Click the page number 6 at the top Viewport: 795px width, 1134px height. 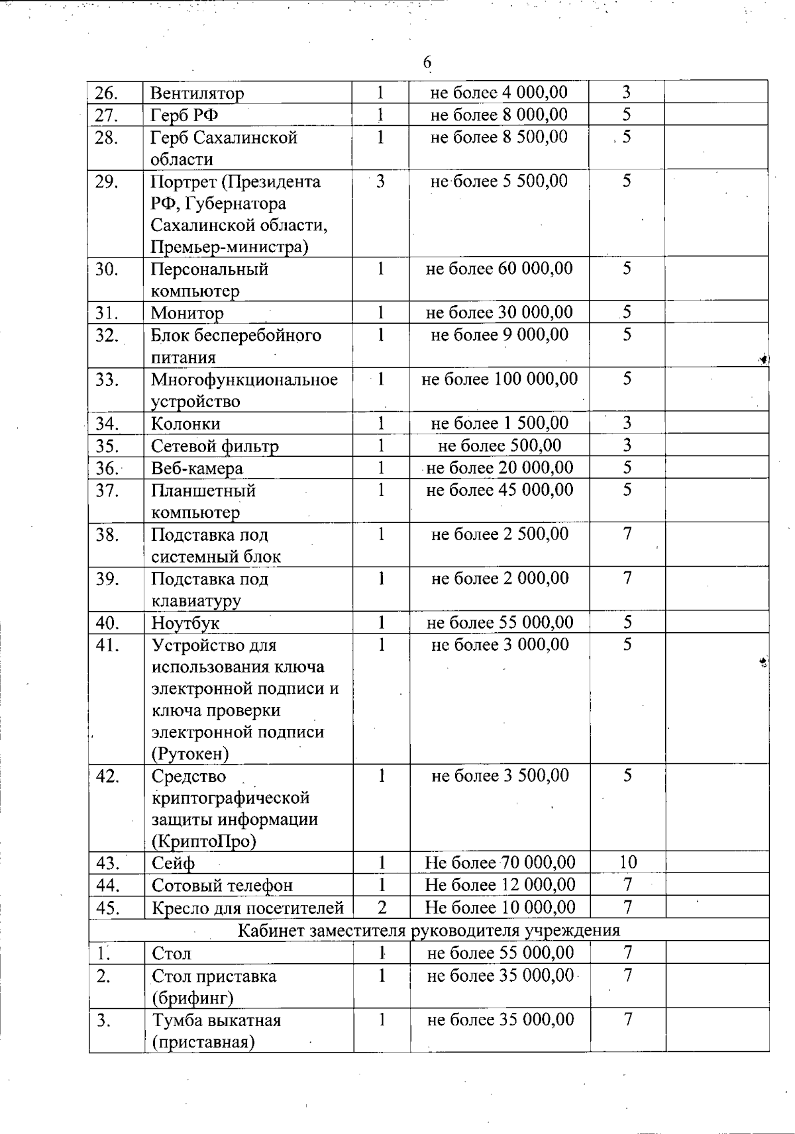pos(427,62)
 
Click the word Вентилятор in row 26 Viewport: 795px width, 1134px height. pos(197,93)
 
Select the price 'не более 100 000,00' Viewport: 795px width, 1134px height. pos(500,379)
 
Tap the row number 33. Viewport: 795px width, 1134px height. pos(106,380)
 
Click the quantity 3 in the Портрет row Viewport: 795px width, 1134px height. pos(380,181)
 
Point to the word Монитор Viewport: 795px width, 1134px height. pos(187,313)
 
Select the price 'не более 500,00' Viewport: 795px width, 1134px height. pos(500,446)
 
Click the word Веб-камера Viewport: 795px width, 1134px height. pos(197,469)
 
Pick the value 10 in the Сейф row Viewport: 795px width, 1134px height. pos(627,862)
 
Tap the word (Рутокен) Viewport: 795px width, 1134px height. pos(190,754)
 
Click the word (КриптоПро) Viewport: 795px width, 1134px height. pos(204,841)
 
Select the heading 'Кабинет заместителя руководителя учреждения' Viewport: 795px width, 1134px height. pos(429,930)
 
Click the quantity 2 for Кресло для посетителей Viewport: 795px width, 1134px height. pos(382,907)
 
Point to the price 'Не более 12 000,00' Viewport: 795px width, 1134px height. pos(500,884)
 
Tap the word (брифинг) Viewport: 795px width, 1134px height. pos(192,998)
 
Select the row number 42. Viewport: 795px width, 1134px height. pos(107,776)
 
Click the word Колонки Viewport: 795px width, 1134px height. pos(185,424)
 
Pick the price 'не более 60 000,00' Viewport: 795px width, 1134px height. pos(499,269)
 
